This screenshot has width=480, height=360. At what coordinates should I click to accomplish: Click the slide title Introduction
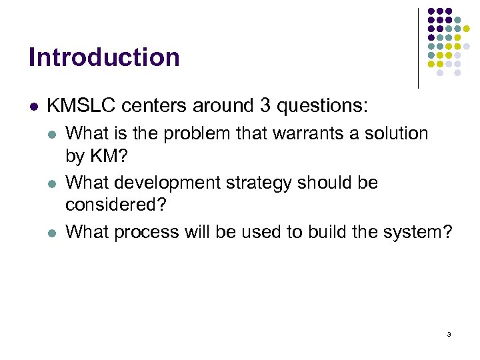[104, 57]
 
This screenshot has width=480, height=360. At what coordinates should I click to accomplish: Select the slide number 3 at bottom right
[449, 333]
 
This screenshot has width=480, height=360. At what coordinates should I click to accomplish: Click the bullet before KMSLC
[33, 106]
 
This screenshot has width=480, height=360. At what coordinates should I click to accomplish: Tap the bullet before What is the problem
[53, 134]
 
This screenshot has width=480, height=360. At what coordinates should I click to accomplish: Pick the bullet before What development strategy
[53, 183]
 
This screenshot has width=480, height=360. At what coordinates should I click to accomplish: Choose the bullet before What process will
[53, 233]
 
